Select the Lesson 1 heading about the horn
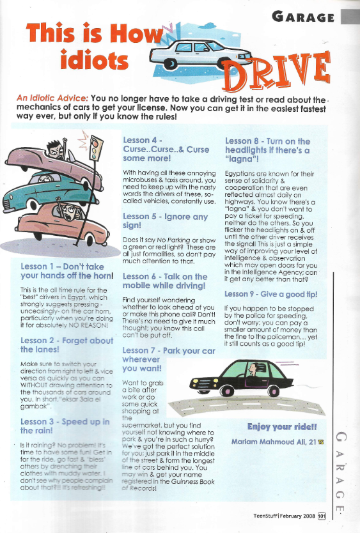63,271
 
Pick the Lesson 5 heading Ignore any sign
166,221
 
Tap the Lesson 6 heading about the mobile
165,281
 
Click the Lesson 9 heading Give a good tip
270,294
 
